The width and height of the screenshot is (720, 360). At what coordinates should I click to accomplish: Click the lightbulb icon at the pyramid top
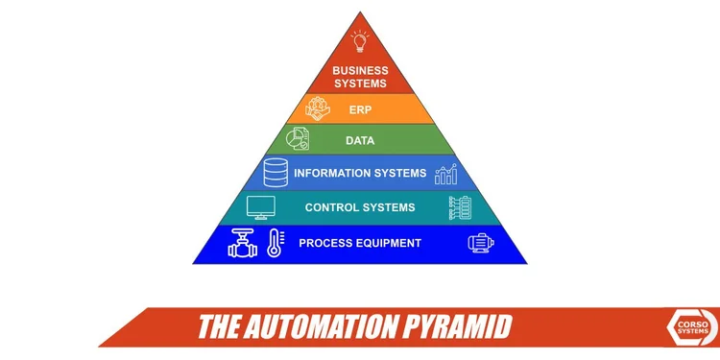[360, 42]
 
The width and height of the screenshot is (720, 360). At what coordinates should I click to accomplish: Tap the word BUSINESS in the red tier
[360, 71]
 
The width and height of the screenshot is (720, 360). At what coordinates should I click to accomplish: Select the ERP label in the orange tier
[360, 109]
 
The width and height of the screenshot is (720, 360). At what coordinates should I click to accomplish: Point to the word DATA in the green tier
[360, 141]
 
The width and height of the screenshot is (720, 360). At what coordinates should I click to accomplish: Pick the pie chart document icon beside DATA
[298, 139]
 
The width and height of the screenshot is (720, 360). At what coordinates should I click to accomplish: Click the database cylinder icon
[276, 173]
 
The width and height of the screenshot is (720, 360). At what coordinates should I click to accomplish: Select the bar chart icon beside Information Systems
[445, 174]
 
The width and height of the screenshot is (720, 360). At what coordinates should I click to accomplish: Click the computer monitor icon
[260, 207]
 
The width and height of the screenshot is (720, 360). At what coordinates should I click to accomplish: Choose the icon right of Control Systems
[461, 207]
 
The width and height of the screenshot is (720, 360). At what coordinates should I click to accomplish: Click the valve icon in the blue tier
[243, 243]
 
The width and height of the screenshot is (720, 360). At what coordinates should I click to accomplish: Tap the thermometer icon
[275, 243]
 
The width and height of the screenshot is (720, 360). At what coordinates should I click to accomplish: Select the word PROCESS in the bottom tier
[324, 243]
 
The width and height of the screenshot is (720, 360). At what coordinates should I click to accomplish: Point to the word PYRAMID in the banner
[454, 327]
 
